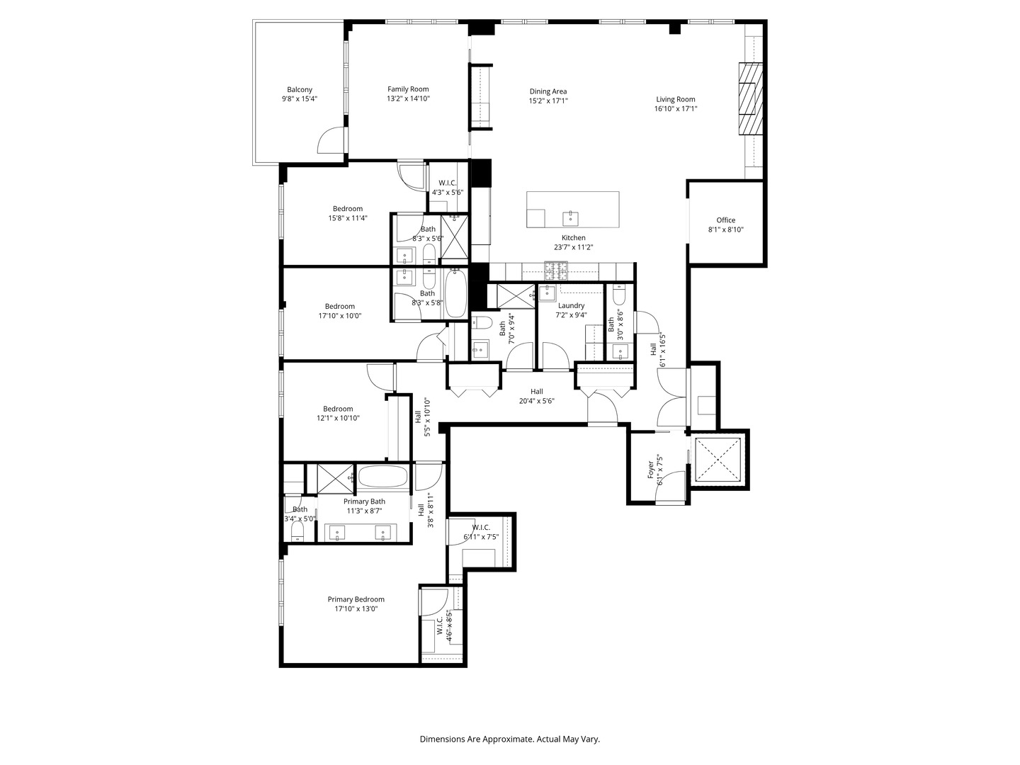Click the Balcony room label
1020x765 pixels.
300,90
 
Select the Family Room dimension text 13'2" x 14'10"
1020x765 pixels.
408,99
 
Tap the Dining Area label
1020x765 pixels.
548,91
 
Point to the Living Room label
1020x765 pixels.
676,100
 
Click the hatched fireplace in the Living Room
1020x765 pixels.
751,99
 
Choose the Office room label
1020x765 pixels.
726,220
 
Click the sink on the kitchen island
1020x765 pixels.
569,217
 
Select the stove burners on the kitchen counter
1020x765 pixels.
556,269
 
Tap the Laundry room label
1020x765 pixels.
571,306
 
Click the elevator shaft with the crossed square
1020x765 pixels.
717,460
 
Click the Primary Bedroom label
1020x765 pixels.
356,599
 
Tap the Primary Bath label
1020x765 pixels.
364,501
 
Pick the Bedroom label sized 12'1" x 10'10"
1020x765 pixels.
338,409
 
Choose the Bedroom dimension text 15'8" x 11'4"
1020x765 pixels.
348,218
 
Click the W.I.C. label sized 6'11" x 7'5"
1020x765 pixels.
481,527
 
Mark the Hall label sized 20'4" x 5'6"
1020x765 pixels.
537,392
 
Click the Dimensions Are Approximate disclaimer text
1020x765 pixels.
509,739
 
